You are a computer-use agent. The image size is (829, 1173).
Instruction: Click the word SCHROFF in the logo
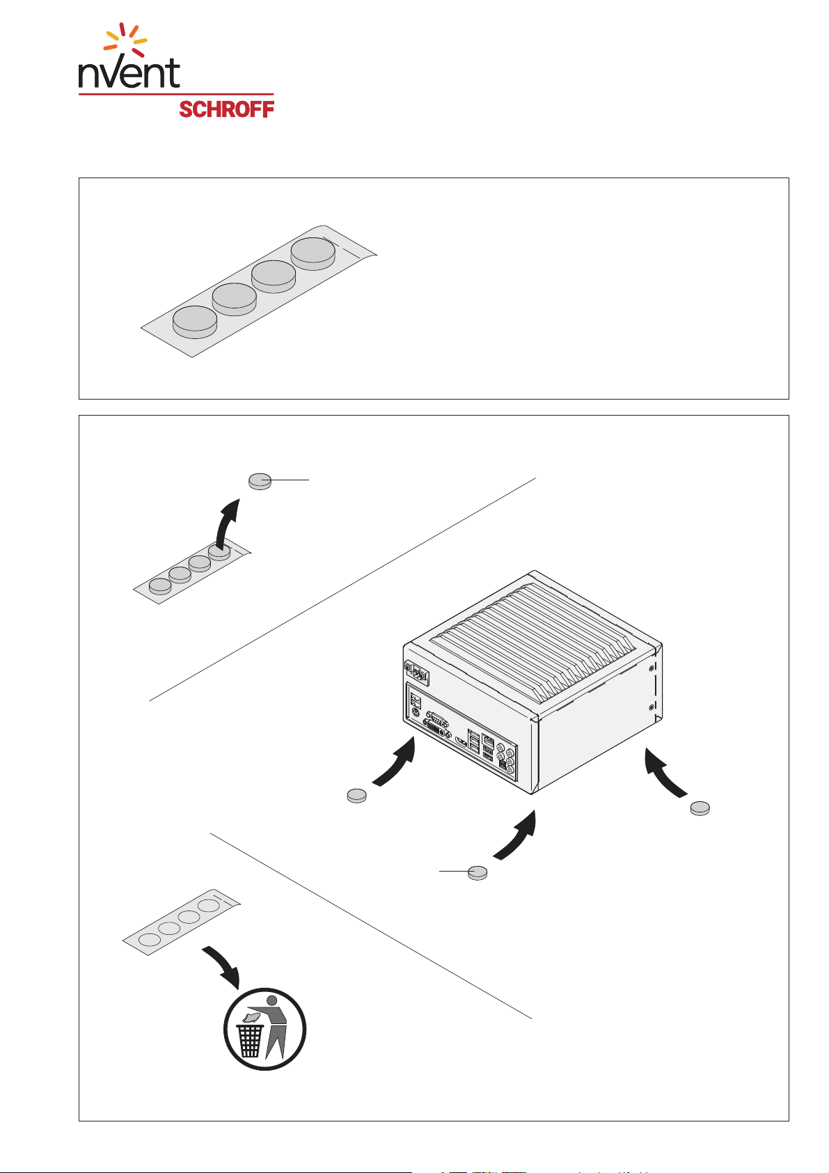(226, 109)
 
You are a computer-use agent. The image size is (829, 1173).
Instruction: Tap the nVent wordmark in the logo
(129, 72)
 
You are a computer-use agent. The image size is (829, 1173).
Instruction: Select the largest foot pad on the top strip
(313, 253)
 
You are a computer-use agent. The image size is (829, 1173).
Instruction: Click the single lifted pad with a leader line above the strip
(260, 481)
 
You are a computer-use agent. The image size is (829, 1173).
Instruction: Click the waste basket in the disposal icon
(250, 1041)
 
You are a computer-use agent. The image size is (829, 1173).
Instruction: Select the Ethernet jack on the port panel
(488, 741)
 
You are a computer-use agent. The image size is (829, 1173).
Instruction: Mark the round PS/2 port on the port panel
(416, 711)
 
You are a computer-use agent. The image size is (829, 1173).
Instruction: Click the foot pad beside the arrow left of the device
(356, 795)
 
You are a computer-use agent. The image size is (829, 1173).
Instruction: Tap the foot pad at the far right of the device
(700, 808)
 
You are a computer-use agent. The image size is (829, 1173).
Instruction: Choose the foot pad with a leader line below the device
(477, 872)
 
